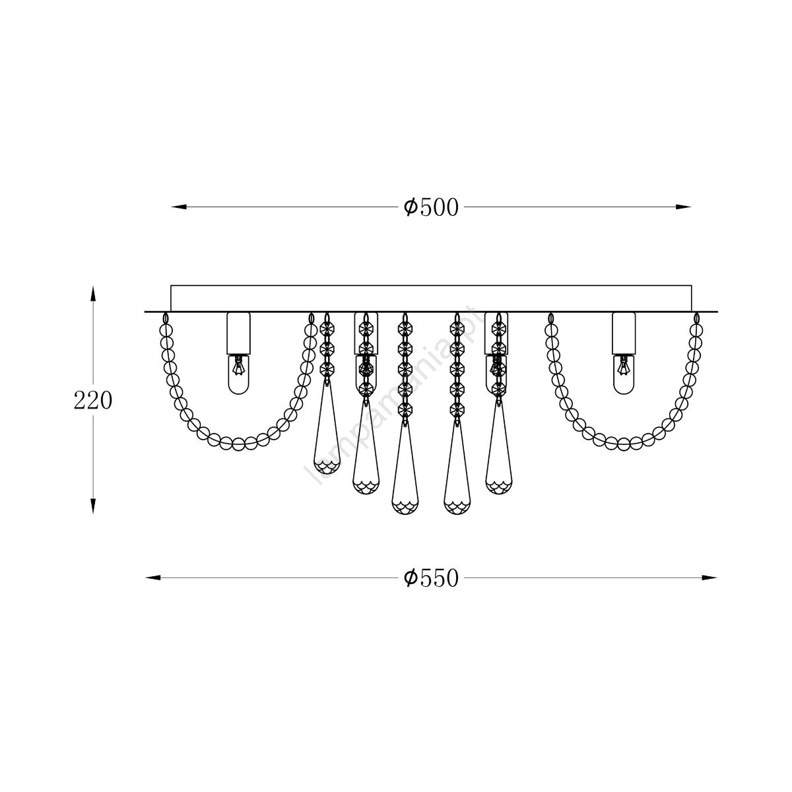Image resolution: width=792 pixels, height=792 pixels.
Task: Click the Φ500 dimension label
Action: tap(431, 207)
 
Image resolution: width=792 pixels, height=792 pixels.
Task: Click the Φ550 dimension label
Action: tap(431, 578)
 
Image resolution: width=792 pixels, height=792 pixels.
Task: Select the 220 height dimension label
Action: tap(93, 401)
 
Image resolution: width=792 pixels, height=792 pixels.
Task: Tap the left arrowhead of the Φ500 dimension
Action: tap(179, 207)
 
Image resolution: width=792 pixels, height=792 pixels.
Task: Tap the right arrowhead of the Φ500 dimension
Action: tap(683, 207)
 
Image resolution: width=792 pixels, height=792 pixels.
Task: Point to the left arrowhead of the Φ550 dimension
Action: tap(153, 578)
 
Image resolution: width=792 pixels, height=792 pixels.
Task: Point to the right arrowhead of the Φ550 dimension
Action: tap(709, 578)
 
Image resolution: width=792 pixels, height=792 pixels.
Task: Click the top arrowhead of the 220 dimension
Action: tap(93, 294)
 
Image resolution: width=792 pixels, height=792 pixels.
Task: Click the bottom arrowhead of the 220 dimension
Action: tap(93, 506)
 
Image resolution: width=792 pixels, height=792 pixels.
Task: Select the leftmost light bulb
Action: tap(238, 374)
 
